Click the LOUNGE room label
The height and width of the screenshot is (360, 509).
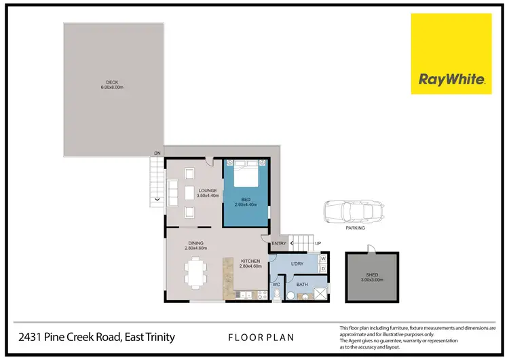click(x=207, y=193)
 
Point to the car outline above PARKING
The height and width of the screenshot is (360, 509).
click(x=354, y=211)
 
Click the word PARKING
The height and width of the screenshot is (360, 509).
click(x=355, y=228)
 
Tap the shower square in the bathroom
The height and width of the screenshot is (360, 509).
click(x=321, y=293)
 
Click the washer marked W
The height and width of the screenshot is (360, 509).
click(x=323, y=258)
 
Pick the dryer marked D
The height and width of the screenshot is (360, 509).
click(x=323, y=268)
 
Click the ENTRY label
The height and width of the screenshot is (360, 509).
click(x=278, y=243)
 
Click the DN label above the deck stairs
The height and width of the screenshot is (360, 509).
click(x=157, y=153)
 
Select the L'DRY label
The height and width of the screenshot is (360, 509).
click(x=297, y=264)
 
